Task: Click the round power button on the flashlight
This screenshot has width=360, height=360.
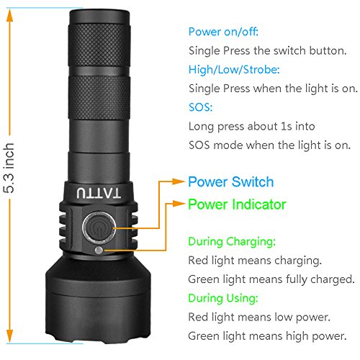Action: click(99, 227)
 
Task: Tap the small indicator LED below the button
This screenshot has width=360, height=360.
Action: click(99, 251)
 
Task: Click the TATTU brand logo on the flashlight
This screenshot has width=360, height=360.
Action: click(99, 193)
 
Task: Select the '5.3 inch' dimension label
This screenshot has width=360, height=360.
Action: click(9, 168)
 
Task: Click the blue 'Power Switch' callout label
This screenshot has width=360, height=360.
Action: click(231, 181)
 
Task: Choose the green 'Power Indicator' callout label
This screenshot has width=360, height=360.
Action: click(237, 204)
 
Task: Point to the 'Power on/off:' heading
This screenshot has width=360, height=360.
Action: click(223, 32)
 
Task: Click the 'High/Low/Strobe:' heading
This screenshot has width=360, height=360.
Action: click(234, 70)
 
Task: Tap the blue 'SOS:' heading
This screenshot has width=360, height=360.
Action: click(201, 107)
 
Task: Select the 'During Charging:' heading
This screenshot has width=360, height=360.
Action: click(232, 241)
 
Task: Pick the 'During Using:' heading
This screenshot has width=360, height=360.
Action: click(223, 298)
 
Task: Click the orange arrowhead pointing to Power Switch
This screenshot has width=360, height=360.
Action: click(179, 181)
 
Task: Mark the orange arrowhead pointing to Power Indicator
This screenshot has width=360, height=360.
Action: click(179, 204)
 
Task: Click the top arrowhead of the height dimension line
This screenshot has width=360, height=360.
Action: click(9, 15)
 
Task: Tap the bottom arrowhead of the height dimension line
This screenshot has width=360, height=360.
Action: click(9, 336)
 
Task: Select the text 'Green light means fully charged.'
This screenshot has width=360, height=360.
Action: click(271, 279)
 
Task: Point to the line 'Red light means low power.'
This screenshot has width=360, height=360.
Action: click(259, 317)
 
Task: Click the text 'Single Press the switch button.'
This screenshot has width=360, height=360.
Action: click(268, 50)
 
